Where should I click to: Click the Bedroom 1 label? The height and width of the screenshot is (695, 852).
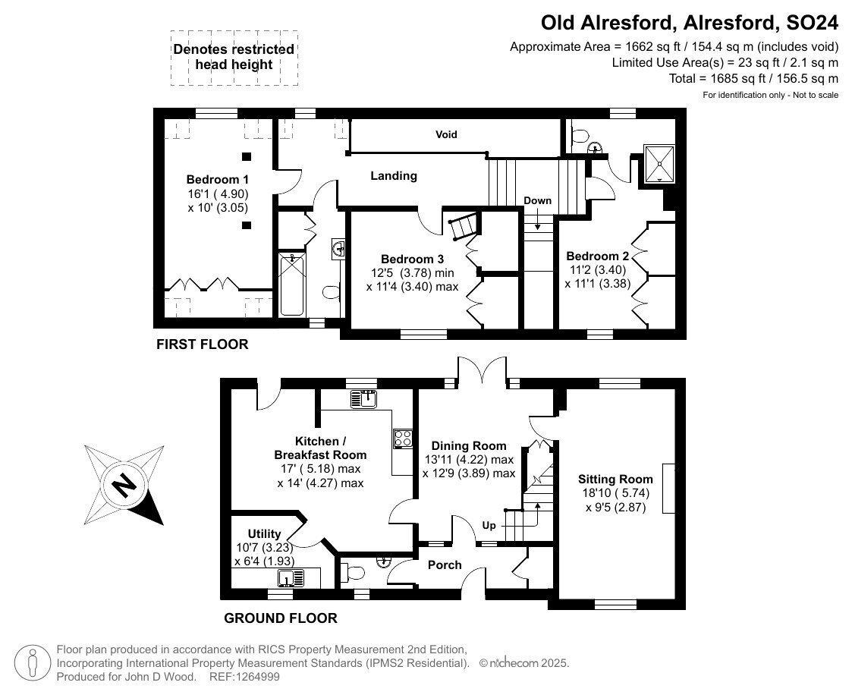point(217,179)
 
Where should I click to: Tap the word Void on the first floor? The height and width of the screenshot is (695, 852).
point(446,134)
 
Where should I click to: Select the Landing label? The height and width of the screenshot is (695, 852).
point(394,175)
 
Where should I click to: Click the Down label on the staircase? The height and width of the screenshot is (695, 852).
point(537,200)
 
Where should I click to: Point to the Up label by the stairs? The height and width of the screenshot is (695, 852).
point(489,526)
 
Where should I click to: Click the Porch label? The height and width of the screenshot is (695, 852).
point(445,565)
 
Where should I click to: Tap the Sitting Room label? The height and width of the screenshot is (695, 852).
point(615,480)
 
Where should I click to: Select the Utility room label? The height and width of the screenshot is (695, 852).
point(264,533)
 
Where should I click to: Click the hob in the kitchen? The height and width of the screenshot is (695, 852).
point(403,439)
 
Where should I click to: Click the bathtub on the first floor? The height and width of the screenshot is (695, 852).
point(292,285)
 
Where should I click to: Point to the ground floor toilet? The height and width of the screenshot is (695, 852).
point(353,572)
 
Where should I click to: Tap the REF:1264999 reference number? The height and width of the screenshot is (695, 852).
point(244,677)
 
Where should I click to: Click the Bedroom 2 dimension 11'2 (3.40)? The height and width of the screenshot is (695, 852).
point(598,269)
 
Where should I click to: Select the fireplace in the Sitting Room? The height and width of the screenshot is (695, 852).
point(668,489)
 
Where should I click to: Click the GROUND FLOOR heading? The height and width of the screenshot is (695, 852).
point(281,618)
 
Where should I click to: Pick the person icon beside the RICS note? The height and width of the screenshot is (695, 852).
point(33,662)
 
